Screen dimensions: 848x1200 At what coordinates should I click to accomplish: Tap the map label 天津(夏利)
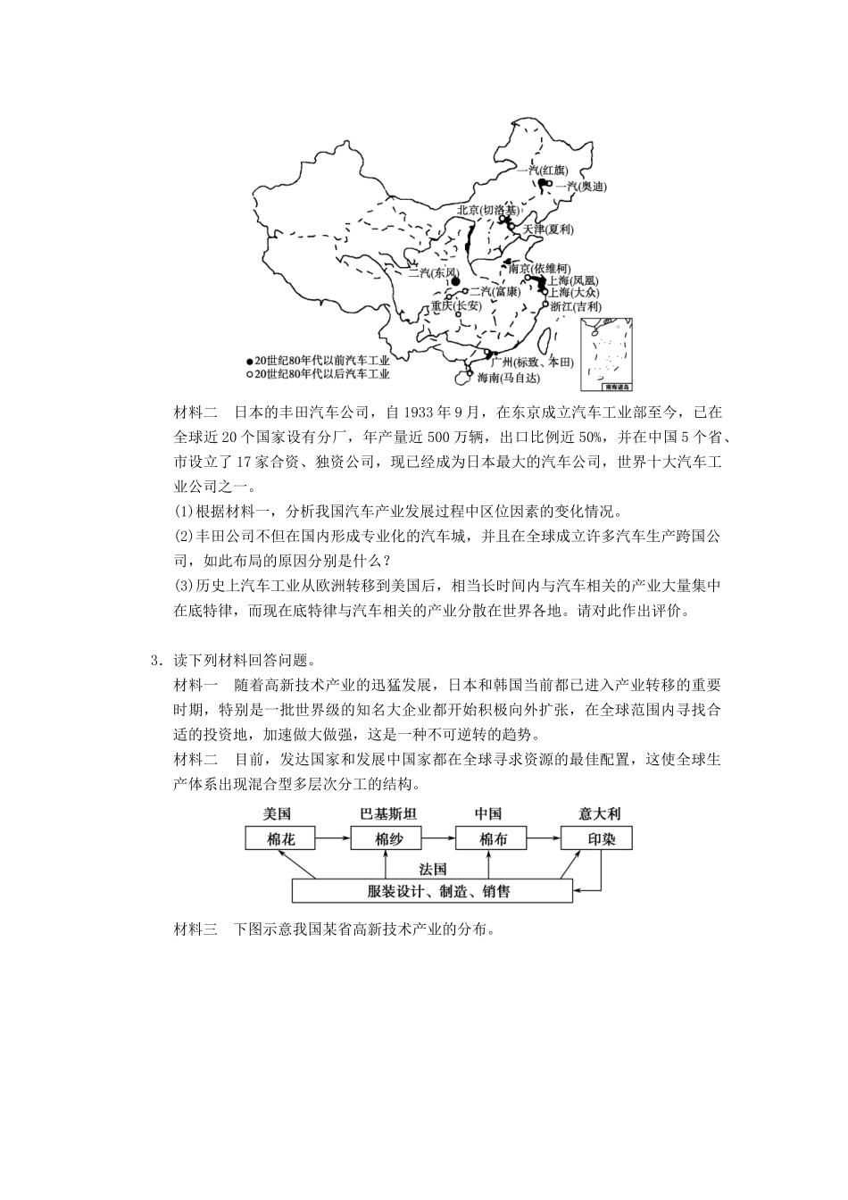pyautogui.click(x=547, y=229)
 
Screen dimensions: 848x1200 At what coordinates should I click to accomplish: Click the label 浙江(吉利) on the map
pyautogui.click(x=576, y=306)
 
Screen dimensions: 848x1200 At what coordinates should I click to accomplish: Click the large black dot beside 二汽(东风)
pyautogui.click(x=455, y=280)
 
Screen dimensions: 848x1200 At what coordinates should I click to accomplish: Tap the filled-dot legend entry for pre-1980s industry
pyautogui.click(x=318, y=361)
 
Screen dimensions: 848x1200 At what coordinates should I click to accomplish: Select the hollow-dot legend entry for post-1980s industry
pyautogui.click(x=318, y=374)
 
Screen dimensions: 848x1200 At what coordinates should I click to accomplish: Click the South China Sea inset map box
pyautogui.click(x=606, y=354)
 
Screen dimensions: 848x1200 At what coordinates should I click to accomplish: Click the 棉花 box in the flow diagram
pyautogui.click(x=280, y=838)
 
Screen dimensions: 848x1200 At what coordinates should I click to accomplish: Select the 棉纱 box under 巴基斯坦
pyautogui.click(x=386, y=838)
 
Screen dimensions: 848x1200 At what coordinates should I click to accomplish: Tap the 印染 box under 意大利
pyautogui.click(x=596, y=838)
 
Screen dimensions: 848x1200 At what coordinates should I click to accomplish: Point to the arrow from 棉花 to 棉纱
pyautogui.click(x=333, y=838)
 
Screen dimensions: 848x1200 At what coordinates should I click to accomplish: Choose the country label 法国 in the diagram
pyautogui.click(x=432, y=869)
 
